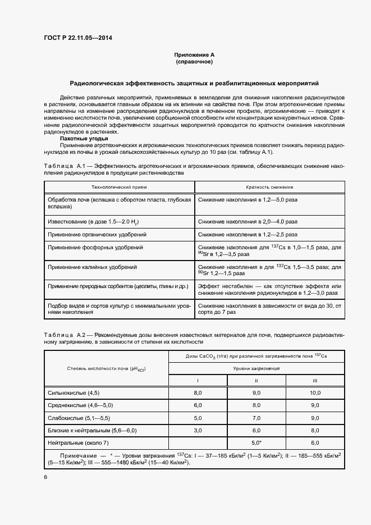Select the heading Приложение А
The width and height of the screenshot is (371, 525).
click(x=194, y=55)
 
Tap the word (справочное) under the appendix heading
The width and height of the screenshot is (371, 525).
click(x=194, y=62)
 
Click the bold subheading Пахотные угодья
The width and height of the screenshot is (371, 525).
click(x=83, y=138)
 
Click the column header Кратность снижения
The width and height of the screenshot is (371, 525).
click(x=269, y=188)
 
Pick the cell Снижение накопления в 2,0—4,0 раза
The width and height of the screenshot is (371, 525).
click(x=248, y=222)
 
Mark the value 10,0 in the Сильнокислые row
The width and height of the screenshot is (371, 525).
click(x=315, y=392)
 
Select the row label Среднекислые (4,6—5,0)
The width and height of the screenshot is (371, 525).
click(x=81, y=405)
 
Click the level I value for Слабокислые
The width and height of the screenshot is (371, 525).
click(x=198, y=418)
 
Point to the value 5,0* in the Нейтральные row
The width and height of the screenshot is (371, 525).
click(x=257, y=442)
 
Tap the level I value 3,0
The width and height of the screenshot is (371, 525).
click(x=198, y=430)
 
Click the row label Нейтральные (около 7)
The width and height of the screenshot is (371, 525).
click(x=79, y=442)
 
